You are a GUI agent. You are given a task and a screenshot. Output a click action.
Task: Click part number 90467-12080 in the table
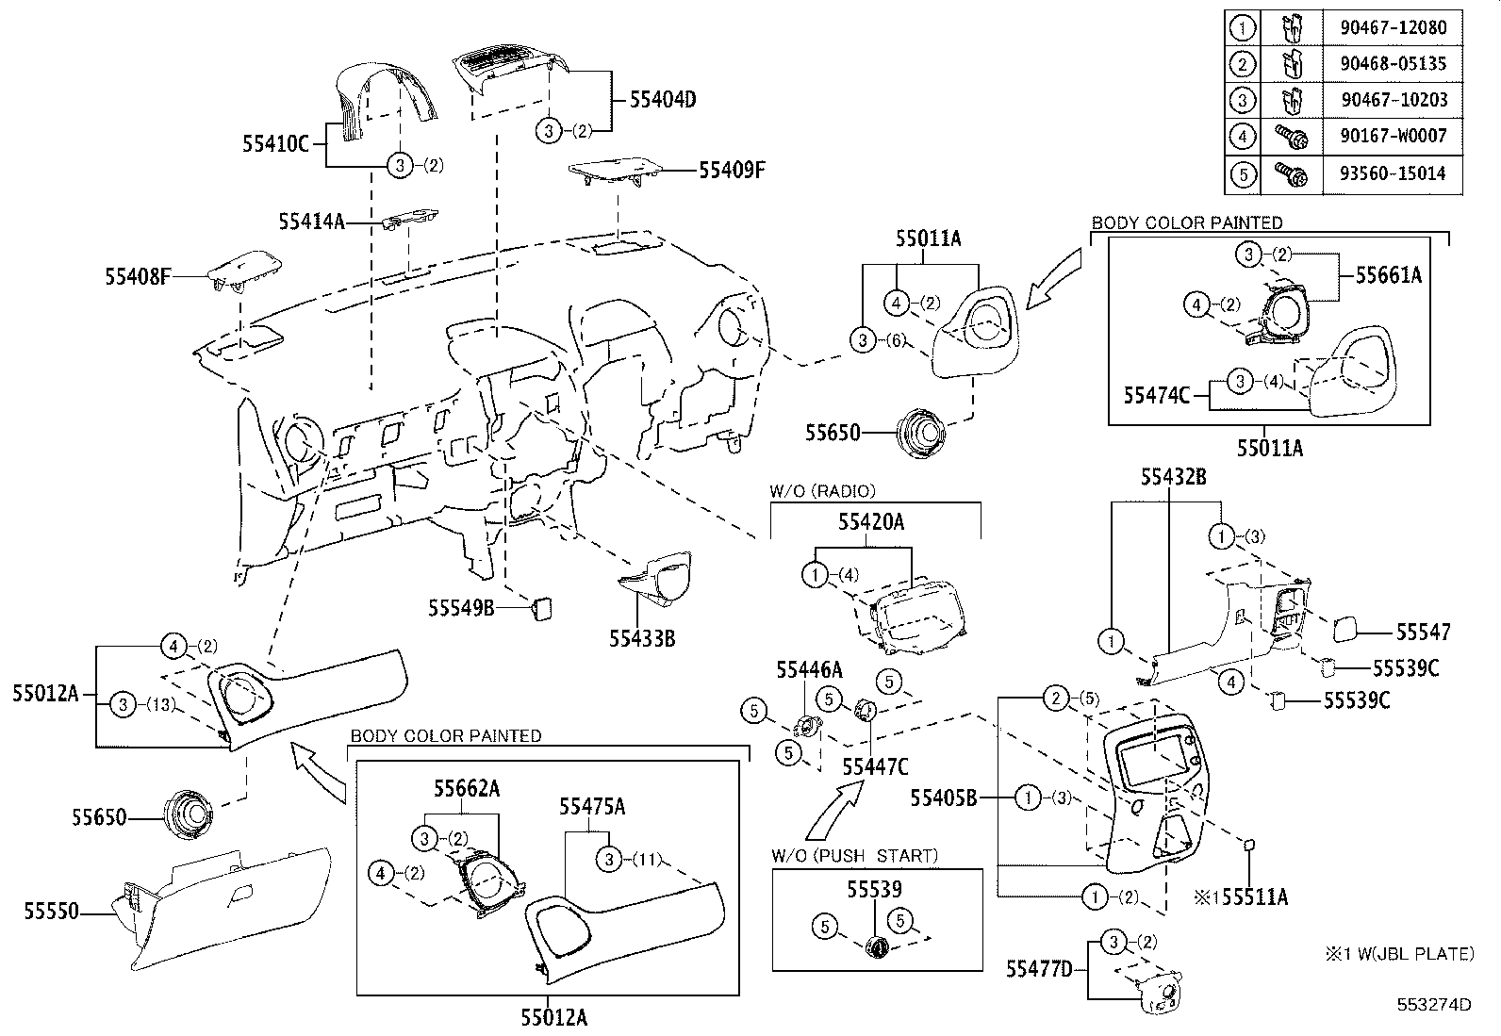tap(1393, 27)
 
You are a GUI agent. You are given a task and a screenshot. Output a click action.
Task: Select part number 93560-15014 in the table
tap(1393, 173)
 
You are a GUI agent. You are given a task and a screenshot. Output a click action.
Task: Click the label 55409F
tap(732, 170)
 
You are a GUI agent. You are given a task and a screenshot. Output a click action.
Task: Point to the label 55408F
tap(138, 276)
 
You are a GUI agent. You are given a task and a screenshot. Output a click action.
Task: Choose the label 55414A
tap(311, 222)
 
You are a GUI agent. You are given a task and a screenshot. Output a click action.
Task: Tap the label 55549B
tap(461, 608)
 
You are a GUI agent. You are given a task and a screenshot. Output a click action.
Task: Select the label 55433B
tap(642, 638)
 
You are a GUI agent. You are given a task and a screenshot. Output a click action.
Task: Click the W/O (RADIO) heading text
tap(822, 490)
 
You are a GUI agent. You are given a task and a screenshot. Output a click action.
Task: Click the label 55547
tap(1423, 633)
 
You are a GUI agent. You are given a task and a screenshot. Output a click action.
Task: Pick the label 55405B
tap(943, 798)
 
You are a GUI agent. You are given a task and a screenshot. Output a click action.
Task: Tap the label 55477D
tap(1039, 968)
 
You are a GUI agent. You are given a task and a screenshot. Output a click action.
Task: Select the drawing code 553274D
tap(1434, 1005)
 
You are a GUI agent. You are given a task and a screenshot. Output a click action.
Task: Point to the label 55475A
tap(592, 807)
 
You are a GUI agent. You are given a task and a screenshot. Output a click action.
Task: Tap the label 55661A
tap(1388, 274)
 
